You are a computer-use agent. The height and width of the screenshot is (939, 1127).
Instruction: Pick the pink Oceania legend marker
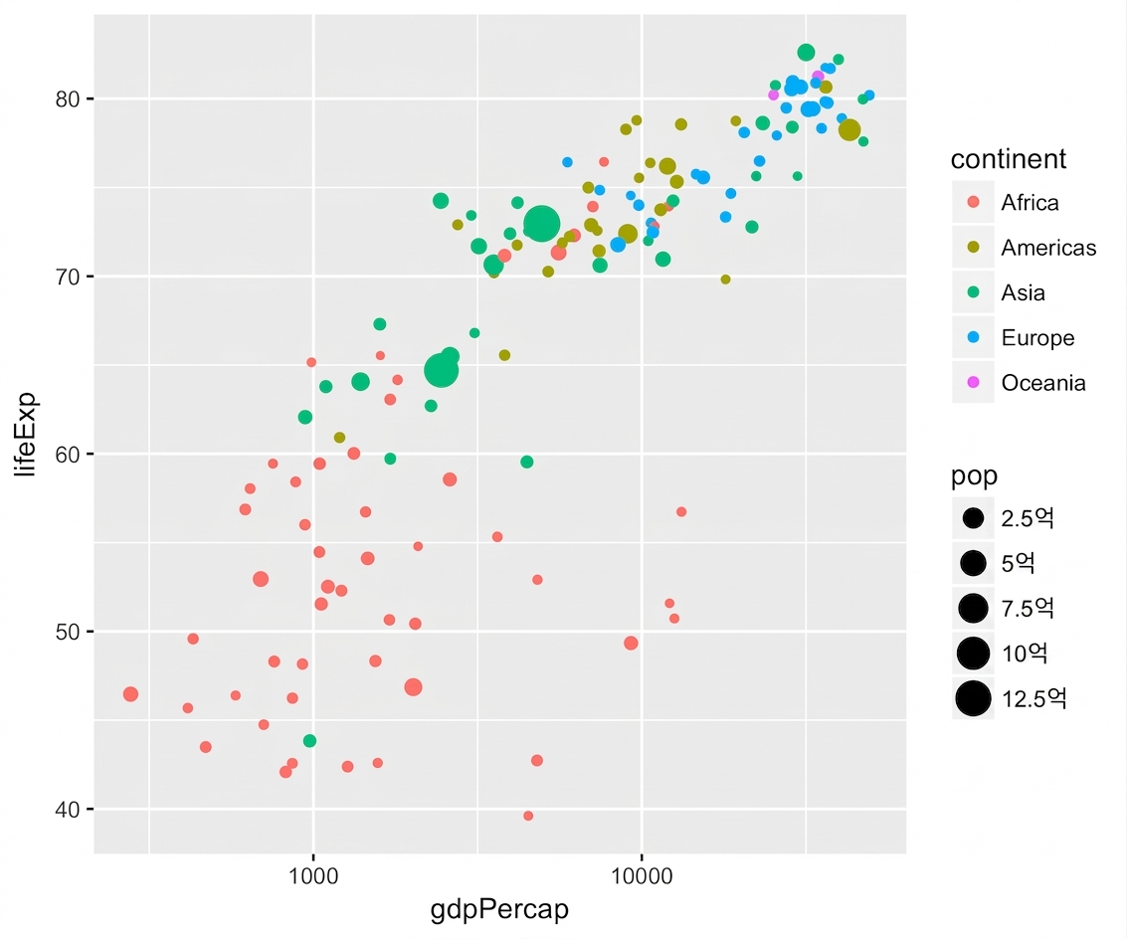click(973, 383)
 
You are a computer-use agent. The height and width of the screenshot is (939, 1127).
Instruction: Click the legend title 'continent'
click(1009, 159)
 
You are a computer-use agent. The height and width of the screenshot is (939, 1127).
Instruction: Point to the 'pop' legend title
click(974, 476)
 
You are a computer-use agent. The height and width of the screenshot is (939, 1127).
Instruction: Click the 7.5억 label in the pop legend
click(1028, 609)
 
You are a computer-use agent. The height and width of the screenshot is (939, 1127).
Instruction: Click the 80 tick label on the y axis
click(67, 99)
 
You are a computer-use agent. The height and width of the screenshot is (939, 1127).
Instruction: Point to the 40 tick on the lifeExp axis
click(67, 810)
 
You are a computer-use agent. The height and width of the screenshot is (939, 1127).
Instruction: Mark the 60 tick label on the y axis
click(67, 455)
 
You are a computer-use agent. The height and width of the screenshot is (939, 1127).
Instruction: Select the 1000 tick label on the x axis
click(313, 876)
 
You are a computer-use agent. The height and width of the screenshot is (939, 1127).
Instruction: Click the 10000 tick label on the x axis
click(642, 876)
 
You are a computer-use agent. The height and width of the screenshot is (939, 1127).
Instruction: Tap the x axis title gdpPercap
click(499, 910)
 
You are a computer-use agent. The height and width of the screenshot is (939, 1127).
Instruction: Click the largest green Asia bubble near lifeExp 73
click(542, 224)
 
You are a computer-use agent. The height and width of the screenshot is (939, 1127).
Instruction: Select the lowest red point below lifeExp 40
click(528, 816)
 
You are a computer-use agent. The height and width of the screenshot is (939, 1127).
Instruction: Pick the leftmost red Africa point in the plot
click(130, 694)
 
